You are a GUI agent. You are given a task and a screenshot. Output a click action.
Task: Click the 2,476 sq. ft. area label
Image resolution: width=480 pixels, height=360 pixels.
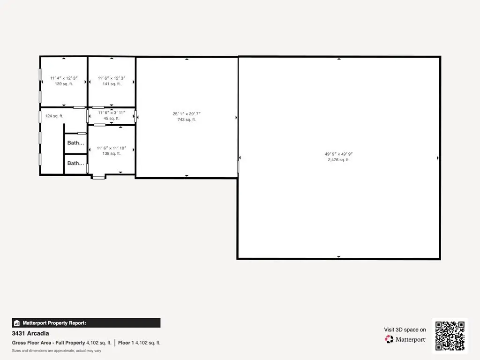point(338,160)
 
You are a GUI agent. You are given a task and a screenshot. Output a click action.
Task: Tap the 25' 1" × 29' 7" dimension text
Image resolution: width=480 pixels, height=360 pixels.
point(187,114)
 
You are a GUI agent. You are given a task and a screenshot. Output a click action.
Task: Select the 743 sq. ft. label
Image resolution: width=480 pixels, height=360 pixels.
point(187,120)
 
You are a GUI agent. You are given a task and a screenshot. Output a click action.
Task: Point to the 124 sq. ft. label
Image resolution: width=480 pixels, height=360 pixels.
point(54,116)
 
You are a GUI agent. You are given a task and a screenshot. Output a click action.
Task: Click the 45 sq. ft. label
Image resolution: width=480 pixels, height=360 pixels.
point(112,119)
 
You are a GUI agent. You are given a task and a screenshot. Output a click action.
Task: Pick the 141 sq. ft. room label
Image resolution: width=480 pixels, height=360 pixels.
point(112,84)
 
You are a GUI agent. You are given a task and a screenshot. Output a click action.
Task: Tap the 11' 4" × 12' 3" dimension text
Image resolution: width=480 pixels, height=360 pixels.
point(64,78)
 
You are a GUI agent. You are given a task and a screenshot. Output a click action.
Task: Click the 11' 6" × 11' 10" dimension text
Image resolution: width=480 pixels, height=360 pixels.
point(112,148)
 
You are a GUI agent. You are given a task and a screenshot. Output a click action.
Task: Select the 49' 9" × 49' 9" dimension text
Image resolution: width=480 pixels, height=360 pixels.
point(338,154)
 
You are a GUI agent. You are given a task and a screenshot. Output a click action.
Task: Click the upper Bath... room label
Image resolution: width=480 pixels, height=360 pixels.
point(75,143)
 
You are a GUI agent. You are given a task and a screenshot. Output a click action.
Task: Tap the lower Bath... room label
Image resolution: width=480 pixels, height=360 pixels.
point(75,164)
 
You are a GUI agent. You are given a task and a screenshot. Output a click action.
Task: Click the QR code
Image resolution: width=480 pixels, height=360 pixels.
point(450,336)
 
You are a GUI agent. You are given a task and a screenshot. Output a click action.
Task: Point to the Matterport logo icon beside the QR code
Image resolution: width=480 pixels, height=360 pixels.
point(389,339)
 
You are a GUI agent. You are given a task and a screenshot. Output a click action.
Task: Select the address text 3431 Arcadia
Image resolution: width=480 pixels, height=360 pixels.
point(30,333)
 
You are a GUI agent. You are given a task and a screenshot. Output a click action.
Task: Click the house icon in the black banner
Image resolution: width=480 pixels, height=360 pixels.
point(17,323)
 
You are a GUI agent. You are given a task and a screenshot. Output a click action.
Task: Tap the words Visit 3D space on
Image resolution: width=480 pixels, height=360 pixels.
point(405,330)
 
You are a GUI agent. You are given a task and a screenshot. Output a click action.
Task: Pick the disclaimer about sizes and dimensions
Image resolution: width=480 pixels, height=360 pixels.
point(56,351)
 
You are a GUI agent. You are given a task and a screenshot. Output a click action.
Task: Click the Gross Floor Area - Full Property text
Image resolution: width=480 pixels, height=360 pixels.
point(48,343)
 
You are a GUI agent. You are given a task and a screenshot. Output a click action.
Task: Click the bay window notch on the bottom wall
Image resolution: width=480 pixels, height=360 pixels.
point(98,177)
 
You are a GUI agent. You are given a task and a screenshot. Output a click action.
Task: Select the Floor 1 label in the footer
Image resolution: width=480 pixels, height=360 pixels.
point(126,343)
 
